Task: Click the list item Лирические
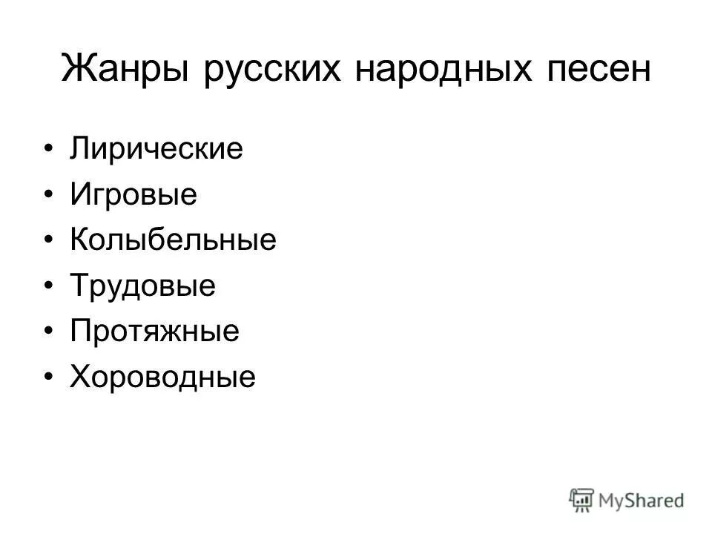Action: [156, 150]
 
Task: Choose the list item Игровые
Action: [133, 195]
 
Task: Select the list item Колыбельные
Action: [173, 241]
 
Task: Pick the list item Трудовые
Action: [142, 286]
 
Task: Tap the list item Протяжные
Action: [154, 332]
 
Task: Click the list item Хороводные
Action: [162, 377]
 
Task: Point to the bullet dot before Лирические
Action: [49, 151]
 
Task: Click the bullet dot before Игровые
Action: [49, 196]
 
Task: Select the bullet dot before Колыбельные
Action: [49, 242]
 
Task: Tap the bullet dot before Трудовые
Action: [49, 287]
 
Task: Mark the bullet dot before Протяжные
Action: [49, 332]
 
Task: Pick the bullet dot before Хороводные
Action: [49, 378]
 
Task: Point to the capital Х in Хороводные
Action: [79, 377]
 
